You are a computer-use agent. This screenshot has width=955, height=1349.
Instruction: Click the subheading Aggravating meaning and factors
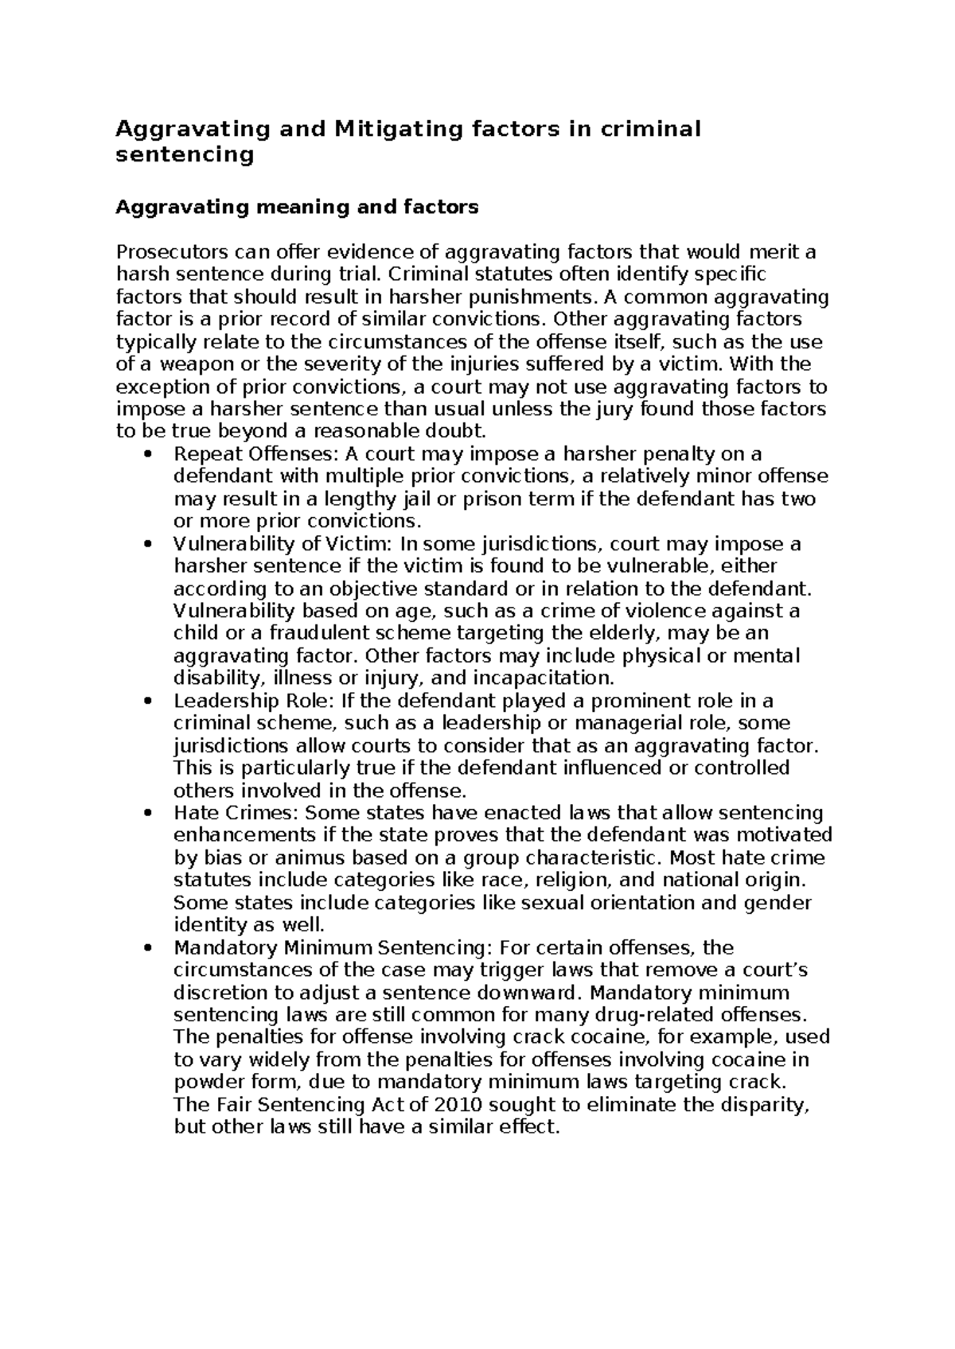pos(297,208)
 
